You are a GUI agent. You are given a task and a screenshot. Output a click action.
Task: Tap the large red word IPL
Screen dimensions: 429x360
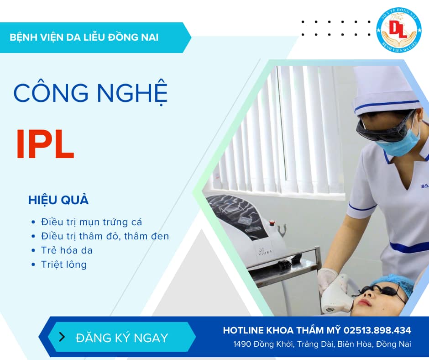[x=45, y=144]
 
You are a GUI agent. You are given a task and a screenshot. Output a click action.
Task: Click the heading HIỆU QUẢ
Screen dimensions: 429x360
[x=58, y=200]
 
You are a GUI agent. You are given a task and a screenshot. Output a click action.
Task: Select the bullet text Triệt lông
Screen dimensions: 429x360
[x=64, y=265]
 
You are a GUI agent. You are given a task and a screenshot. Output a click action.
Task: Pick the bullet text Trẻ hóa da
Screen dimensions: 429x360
[x=67, y=250]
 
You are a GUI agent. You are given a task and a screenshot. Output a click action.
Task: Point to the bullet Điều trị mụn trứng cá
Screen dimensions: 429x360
[x=91, y=222]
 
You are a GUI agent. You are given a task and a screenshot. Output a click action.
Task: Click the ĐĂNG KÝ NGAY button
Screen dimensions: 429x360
[x=122, y=337]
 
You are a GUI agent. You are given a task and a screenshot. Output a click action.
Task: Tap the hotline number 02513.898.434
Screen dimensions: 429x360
[x=377, y=330]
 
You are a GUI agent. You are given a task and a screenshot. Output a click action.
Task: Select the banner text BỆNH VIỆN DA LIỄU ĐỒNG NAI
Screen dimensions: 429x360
[x=84, y=37]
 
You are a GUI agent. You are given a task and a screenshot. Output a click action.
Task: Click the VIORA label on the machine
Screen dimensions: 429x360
[x=265, y=252]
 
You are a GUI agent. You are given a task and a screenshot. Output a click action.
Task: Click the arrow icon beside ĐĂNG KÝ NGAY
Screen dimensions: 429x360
[x=62, y=337]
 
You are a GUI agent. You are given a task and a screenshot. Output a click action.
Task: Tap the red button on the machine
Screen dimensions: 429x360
[x=272, y=223]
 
